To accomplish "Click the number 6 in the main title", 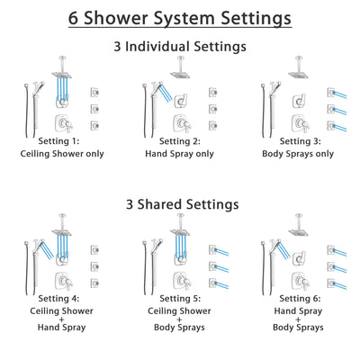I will (x=74, y=18).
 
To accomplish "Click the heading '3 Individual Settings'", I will (x=180, y=47).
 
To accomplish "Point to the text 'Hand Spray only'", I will (x=180, y=153).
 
